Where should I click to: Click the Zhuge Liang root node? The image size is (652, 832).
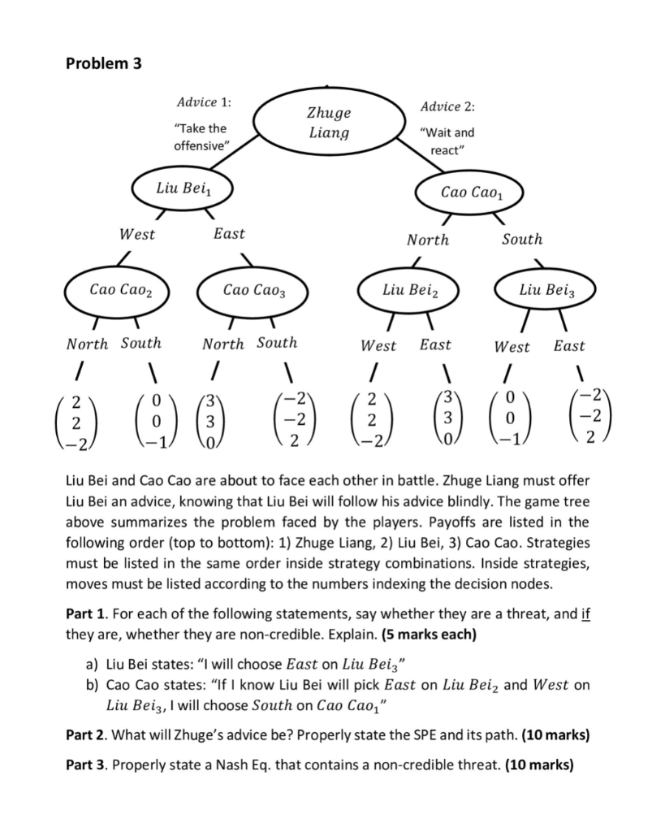point(328,123)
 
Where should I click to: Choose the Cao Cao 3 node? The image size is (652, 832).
point(254,290)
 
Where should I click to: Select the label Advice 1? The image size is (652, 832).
point(203,102)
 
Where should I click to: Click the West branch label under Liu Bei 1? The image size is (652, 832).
point(136,235)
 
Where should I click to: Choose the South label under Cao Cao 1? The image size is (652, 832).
point(521,239)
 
